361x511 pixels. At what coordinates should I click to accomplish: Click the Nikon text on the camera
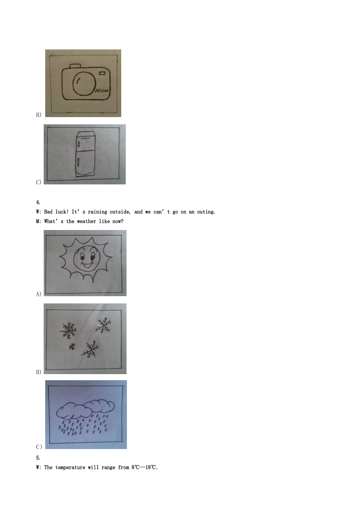(x=102, y=91)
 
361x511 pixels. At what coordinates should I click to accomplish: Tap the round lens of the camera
(x=84, y=83)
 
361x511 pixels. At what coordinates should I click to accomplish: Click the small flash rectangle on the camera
(x=102, y=73)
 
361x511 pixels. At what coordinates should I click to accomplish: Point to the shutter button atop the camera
(x=75, y=66)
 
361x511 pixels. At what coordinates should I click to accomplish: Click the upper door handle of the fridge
(x=79, y=144)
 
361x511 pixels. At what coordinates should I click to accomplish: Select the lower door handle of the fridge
(x=78, y=163)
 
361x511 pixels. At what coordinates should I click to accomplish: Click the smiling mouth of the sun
(x=87, y=265)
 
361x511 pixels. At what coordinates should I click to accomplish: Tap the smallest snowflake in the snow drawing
(x=72, y=347)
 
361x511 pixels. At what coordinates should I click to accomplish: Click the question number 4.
(x=38, y=202)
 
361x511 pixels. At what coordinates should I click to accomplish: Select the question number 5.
(x=38, y=458)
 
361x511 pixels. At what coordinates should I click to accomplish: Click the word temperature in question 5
(x=70, y=467)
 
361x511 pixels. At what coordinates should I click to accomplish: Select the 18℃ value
(x=151, y=467)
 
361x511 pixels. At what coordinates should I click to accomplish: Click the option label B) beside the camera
(x=38, y=114)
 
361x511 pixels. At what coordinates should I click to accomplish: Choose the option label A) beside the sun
(x=38, y=294)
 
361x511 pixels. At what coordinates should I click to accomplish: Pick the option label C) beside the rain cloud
(x=39, y=447)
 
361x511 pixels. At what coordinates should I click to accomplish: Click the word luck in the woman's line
(x=61, y=212)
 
